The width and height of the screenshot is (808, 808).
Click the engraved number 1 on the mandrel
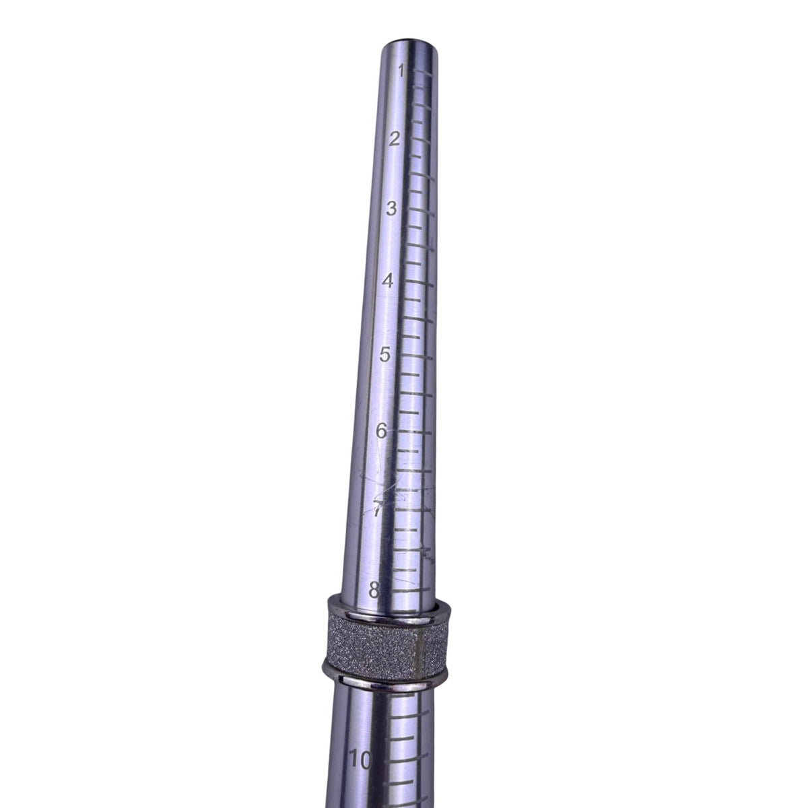click(x=402, y=71)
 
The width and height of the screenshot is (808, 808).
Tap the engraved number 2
click(x=394, y=139)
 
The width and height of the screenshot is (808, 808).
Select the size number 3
click(x=391, y=208)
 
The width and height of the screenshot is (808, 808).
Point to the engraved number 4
click(x=388, y=280)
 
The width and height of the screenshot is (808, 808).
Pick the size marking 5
click(x=384, y=355)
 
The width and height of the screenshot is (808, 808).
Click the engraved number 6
click(x=381, y=431)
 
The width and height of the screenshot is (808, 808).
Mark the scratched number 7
click(x=378, y=509)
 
